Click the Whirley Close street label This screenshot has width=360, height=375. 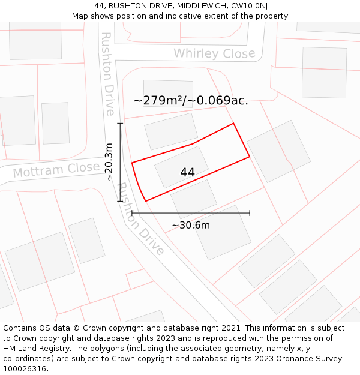pos(214,53)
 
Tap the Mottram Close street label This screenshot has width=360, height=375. pos(56,170)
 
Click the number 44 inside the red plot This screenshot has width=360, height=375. pos(187,172)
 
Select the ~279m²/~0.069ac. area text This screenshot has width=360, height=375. pos(190,100)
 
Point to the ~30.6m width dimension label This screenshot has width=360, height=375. pos(191,226)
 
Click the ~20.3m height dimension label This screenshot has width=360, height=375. pos(109,161)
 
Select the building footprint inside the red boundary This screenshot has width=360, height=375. pos(181,167)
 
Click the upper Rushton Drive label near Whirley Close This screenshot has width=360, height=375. pos(107,73)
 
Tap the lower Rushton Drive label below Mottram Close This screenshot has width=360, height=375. pos(139,219)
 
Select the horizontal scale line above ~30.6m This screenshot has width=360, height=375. pos(191,212)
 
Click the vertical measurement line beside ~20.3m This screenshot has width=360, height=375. pos(120,161)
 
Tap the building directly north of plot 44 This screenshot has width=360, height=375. pos(171,131)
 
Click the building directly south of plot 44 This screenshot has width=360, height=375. pos(194,199)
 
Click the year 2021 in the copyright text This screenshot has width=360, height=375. pos(230,328)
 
